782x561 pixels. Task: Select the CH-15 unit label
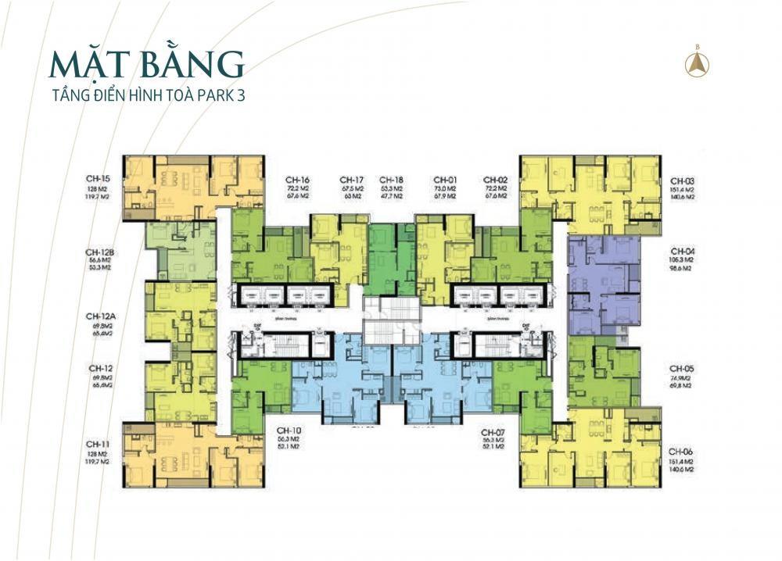[x=98, y=179]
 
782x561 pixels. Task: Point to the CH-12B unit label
[x=101, y=252]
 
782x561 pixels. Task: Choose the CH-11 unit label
[x=98, y=444]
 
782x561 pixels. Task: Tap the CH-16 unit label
[x=300, y=179]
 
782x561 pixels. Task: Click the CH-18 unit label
[x=391, y=179]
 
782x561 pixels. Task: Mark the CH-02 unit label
[x=497, y=179]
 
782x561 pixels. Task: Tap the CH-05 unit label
[x=681, y=367]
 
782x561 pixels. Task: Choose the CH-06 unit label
[x=681, y=452]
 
